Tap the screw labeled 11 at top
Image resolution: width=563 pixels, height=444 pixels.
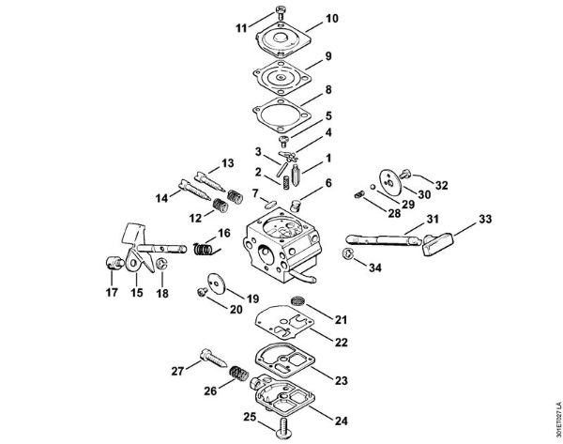pos(282,14)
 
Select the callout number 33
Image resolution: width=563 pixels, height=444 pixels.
pos(459,220)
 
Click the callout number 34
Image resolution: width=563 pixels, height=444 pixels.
pos(375,268)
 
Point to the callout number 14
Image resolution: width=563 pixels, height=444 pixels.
pos(161,198)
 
